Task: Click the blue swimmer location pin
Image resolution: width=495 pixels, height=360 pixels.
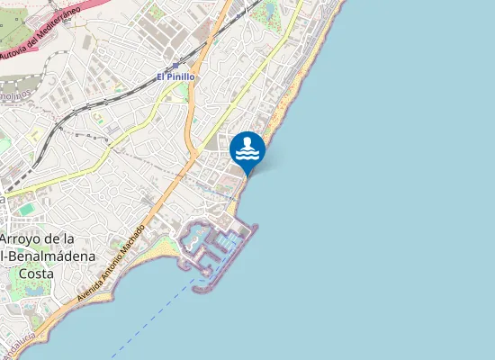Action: [247, 150]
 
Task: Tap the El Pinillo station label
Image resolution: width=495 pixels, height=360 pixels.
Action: [175, 77]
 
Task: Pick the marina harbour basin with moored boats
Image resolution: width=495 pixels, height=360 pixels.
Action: [196, 239]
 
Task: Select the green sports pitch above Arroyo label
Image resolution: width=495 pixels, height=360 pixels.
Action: [28, 209]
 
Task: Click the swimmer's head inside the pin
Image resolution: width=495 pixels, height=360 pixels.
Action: [248, 140]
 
